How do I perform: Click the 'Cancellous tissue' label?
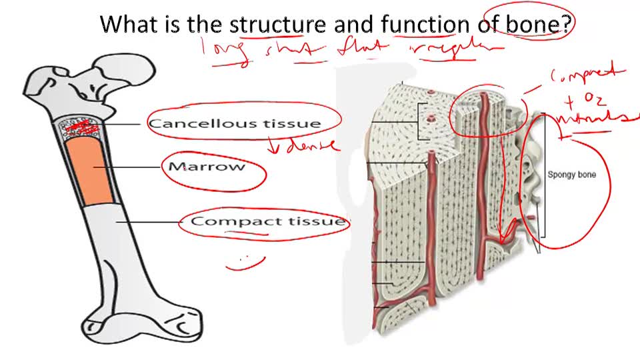point(234,123)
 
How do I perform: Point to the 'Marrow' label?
point(207,167)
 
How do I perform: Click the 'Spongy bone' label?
point(571,175)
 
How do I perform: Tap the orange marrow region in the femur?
point(95,171)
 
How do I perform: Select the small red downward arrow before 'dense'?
point(273,145)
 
